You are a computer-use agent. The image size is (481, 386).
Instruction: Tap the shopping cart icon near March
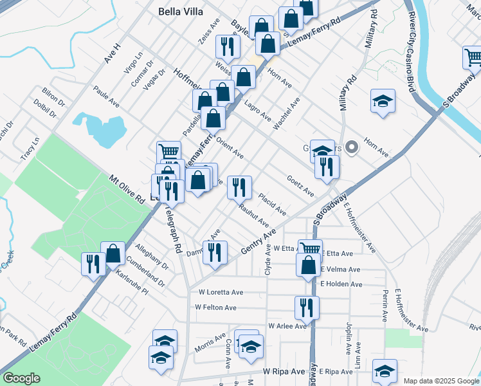click(473, 57)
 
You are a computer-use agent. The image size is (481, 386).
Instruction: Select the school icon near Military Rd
click(383, 101)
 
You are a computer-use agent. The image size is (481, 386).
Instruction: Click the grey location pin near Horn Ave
click(352, 148)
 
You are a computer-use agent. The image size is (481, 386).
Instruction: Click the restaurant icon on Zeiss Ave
click(227, 46)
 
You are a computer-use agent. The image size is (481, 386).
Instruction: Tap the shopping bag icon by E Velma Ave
click(308, 264)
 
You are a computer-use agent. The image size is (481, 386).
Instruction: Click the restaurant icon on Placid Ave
click(239, 187)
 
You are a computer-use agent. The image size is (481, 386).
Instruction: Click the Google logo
click(22, 378)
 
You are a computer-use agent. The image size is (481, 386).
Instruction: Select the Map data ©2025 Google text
click(441, 380)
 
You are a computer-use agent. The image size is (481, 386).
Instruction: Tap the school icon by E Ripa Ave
click(385, 371)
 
